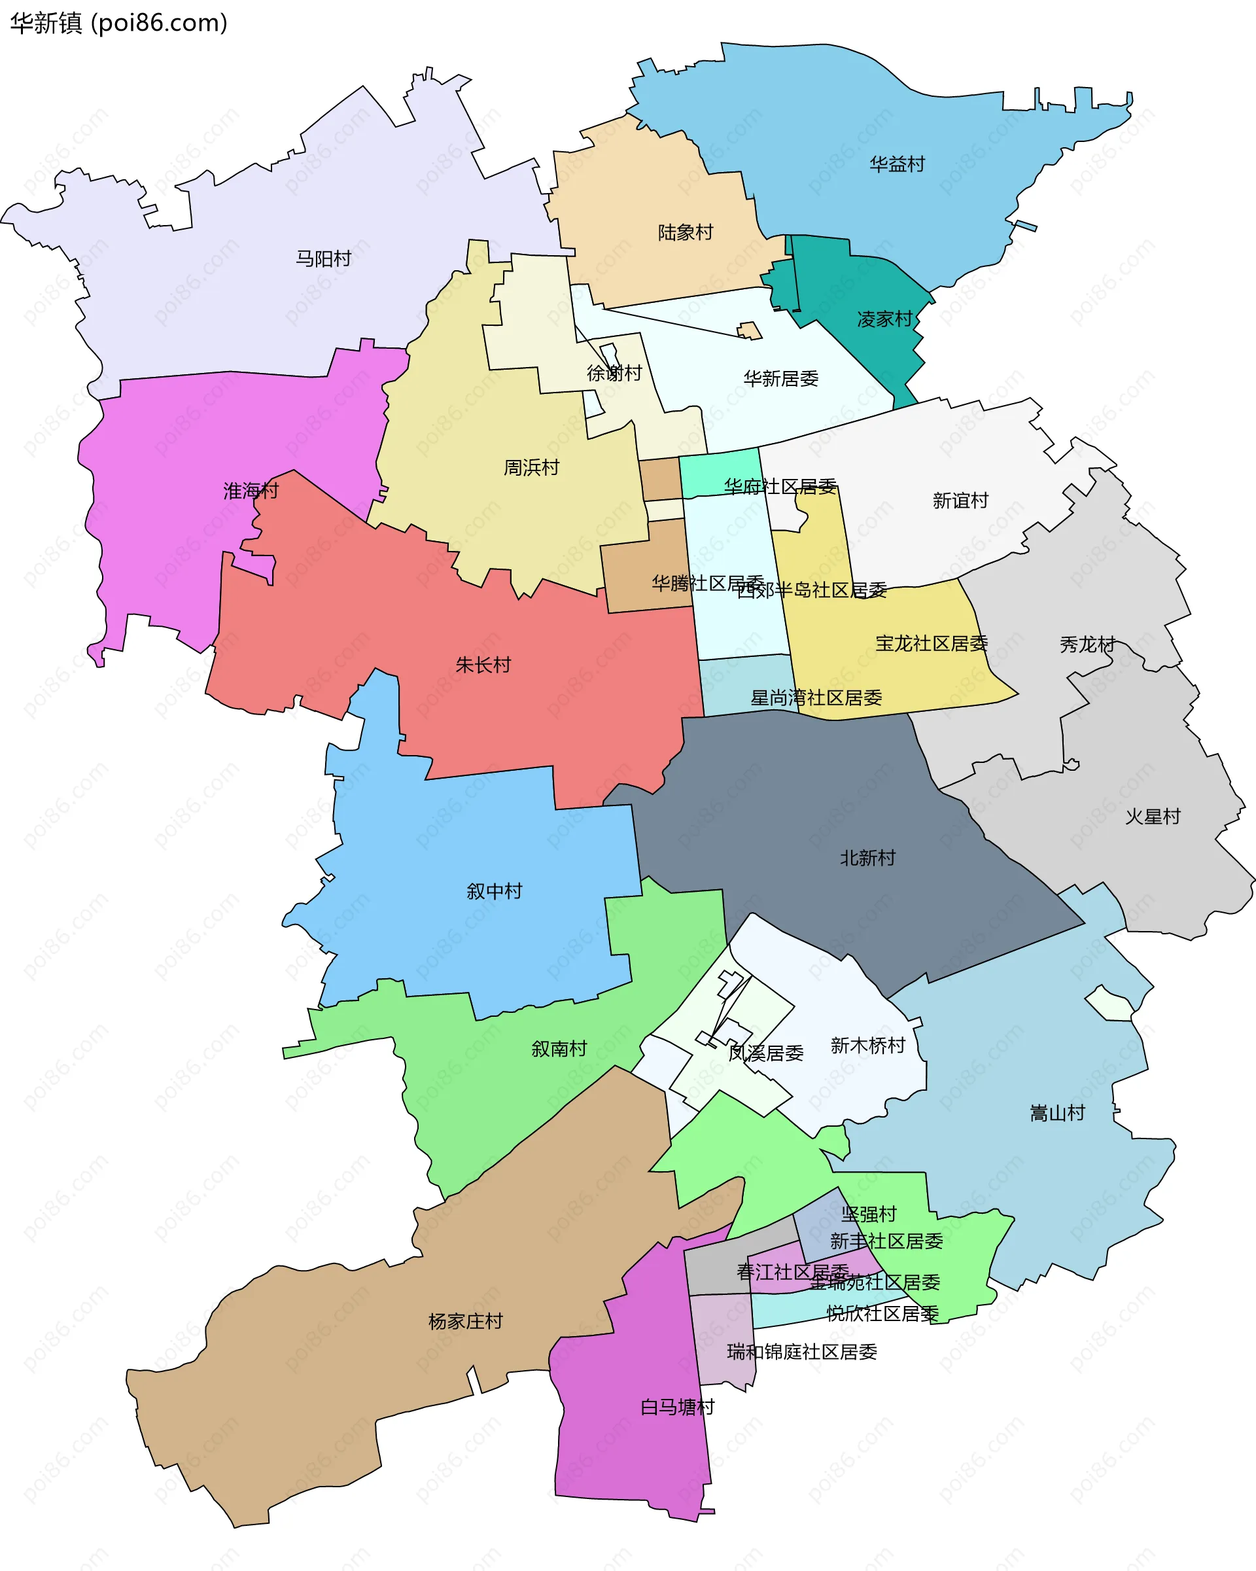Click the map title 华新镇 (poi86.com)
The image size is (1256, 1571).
click(119, 24)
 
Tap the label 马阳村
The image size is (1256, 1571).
click(323, 258)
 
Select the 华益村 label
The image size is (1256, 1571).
click(897, 164)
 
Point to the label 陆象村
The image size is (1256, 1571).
click(685, 232)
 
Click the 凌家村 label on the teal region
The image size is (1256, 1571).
click(884, 319)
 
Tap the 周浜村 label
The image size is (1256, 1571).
click(531, 467)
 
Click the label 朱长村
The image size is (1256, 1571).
click(483, 665)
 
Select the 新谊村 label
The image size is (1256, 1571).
click(960, 501)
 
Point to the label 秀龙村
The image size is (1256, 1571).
click(1087, 644)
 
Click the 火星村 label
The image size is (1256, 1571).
click(1153, 816)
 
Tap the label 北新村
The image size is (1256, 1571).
click(867, 858)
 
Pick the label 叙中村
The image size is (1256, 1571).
click(494, 891)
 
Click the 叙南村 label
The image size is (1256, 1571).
click(559, 1049)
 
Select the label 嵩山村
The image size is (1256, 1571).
click(1057, 1113)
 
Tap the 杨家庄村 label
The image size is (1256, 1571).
click(466, 1321)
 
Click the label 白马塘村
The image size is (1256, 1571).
click(677, 1407)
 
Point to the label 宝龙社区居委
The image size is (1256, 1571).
click(931, 643)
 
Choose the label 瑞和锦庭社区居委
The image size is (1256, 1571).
click(801, 1352)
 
